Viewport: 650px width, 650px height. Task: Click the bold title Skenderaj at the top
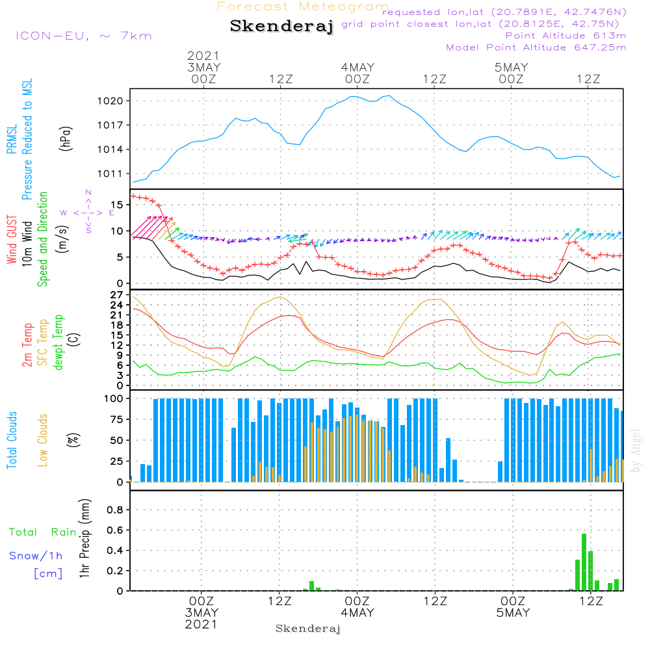pyautogui.click(x=281, y=27)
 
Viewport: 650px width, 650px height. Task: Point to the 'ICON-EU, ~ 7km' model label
pyautogui.click(x=83, y=36)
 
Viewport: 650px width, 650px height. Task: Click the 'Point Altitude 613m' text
pyautogui.click(x=565, y=35)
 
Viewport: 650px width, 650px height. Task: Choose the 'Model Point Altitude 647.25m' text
pyautogui.click(x=536, y=47)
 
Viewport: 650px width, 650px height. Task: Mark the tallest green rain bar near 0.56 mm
pyautogui.click(x=584, y=562)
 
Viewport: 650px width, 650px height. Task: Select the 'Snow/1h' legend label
pyautogui.click(x=36, y=556)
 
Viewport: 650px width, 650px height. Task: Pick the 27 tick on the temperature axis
pyautogui.click(x=118, y=294)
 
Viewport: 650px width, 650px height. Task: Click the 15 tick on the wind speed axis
pyautogui.click(x=118, y=204)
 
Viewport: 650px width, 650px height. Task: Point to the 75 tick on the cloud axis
pyautogui.click(x=117, y=420)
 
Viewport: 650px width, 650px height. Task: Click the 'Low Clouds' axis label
pyautogui.click(x=43, y=430)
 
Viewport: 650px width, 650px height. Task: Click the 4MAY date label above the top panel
pyautogui.click(x=357, y=67)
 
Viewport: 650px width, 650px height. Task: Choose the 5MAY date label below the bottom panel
pyautogui.click(x=513, y=612)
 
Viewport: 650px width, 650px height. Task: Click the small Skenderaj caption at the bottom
pyautogui.click(x=308, y=629)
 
